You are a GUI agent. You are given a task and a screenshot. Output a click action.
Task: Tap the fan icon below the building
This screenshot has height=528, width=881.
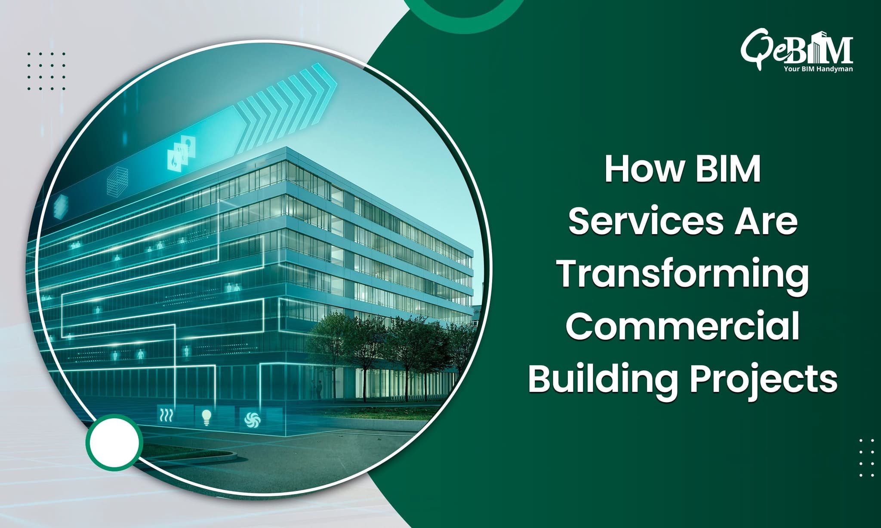[250, 419]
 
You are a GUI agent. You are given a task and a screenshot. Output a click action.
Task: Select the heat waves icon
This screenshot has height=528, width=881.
[166, 415]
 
